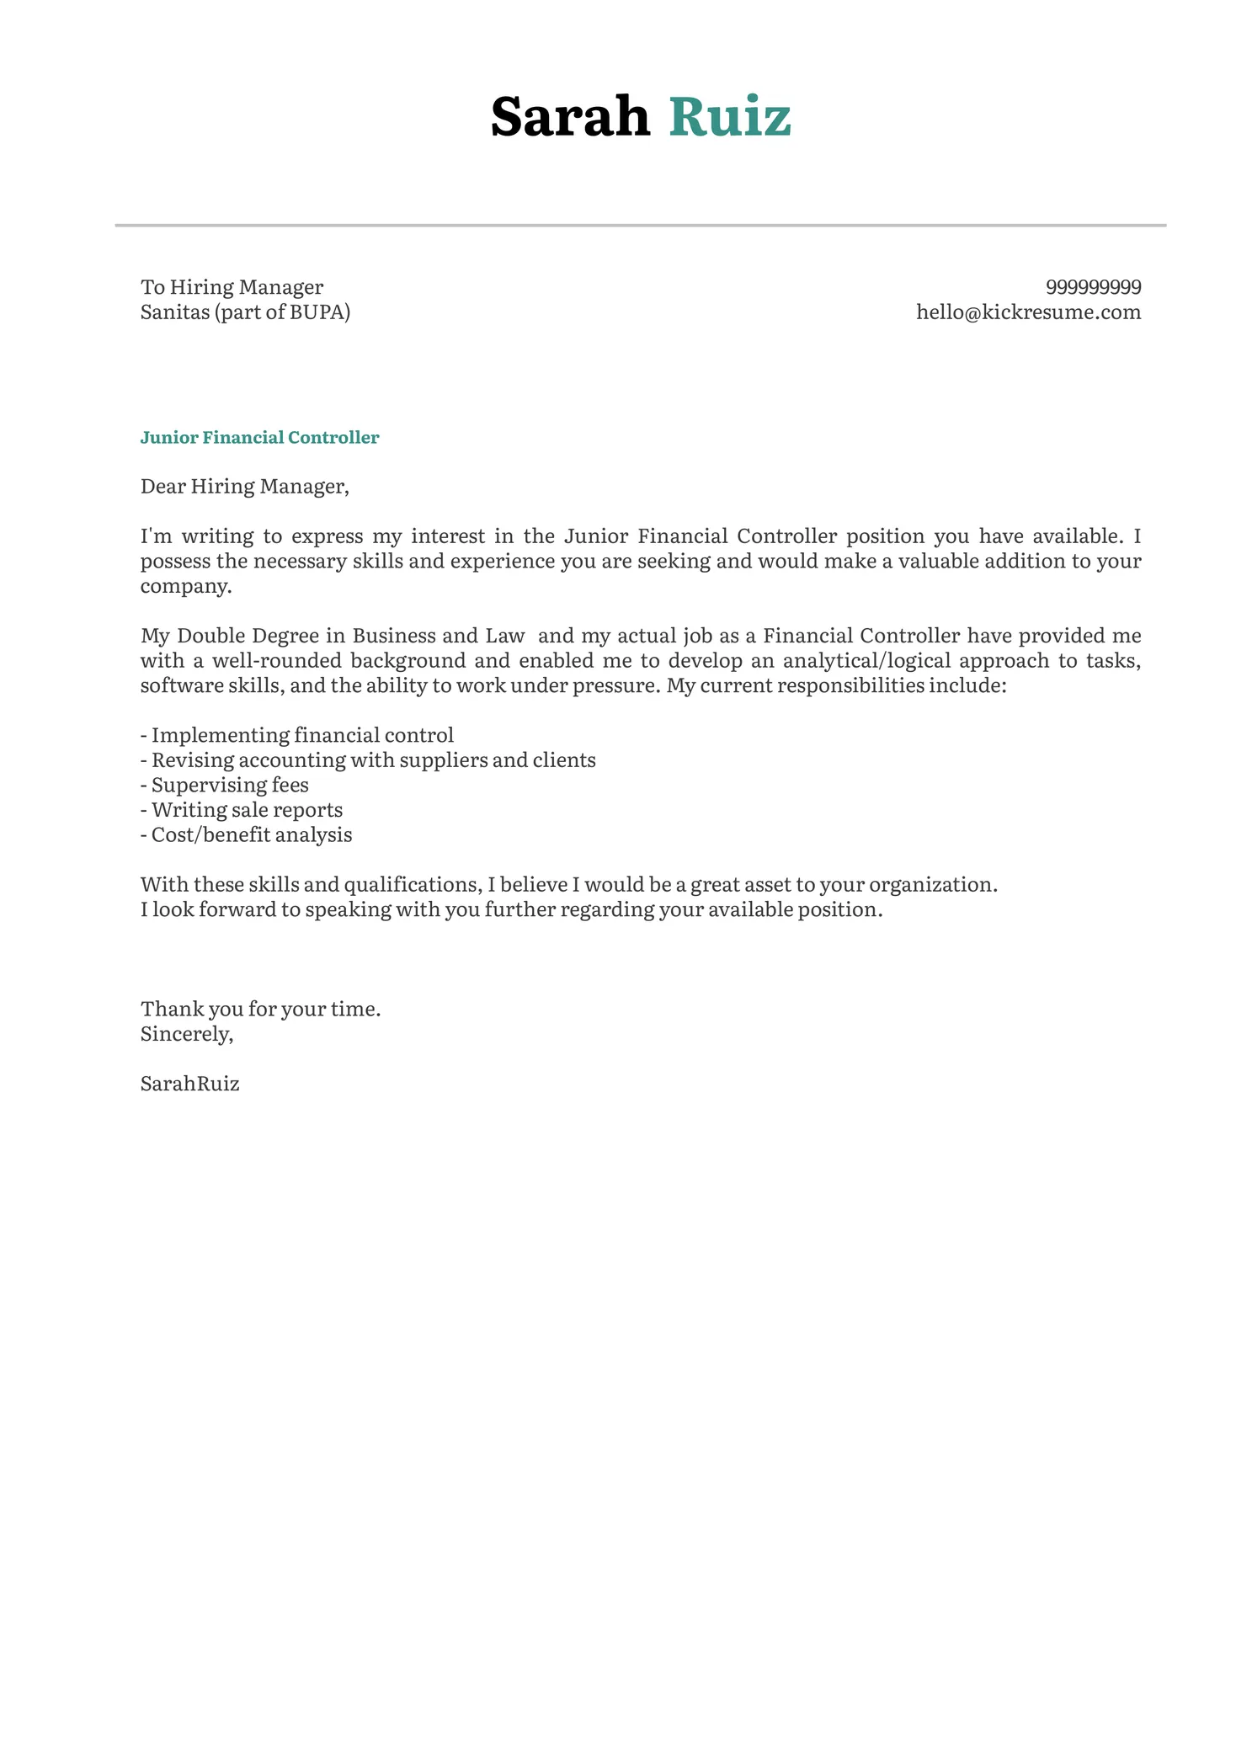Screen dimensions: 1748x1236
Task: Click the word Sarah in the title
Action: tap(570, 116)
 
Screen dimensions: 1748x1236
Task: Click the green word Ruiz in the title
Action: tap(730, 116)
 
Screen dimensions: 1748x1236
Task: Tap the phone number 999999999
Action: tap(1093, 287)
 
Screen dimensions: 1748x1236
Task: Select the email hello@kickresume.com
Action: tap(1028, 312)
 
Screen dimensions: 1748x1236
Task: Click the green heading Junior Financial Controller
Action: tap(259, 438)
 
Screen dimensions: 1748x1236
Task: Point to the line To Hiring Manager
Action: tap(232, 287)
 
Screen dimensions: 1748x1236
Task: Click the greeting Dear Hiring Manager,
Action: tap(244, 487)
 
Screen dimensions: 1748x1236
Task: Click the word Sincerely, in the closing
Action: tap(186, 1034)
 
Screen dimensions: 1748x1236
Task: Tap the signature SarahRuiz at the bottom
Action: tap(189, 1084)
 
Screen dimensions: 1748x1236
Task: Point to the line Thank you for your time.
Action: tap(260, 1009)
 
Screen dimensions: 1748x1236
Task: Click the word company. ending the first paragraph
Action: tap(185, 586)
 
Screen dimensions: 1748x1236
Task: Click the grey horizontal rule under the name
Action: tap(640, 226)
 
